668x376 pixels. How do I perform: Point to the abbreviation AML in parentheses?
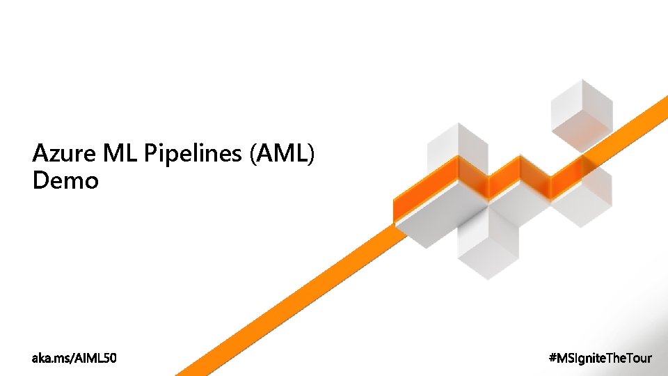(x=281, y=153)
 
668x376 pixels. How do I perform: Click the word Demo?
(x=65, y=181)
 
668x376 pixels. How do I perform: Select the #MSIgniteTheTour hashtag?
(x=601, y=358)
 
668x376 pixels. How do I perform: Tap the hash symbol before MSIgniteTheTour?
(x=554, y=358)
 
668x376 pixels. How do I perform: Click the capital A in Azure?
(x=40, y=153)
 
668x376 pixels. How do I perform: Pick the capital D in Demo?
(x=40, y=181)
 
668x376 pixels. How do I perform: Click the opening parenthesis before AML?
(x=252, y=154)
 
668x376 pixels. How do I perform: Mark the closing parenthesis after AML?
(x=311, y=154)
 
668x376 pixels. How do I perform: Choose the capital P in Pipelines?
(x=150, y=153)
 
